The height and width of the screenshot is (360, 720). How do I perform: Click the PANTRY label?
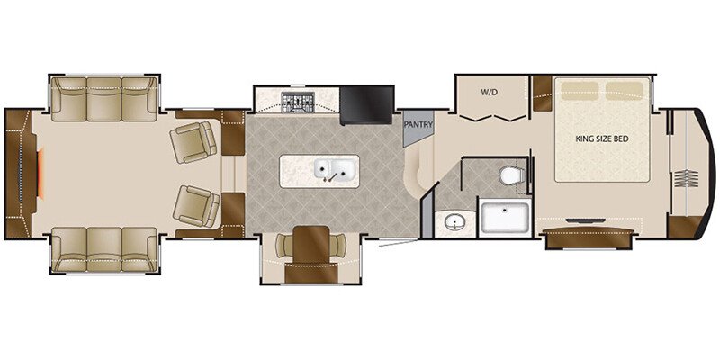click(x=418, y=125)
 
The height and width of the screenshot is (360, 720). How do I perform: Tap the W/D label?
click(x=489, y=92)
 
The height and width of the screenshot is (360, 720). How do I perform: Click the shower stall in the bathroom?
click(x=504, y=218)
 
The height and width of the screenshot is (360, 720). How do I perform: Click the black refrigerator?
click(x=366, y=103)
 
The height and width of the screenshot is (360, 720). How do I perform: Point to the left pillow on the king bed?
click(x=576, y=90)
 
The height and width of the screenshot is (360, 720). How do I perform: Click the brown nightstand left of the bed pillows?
click(x=542, y=90)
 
